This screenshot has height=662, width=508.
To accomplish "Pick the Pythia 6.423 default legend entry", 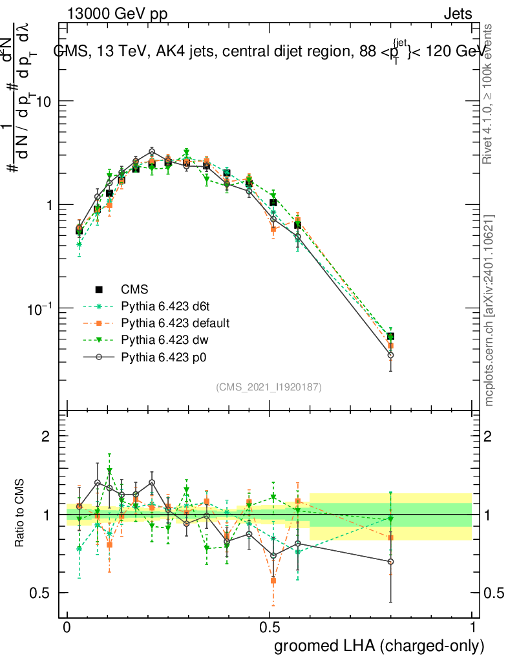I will [175, 323].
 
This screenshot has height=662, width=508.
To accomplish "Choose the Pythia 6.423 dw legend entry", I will [165, 339].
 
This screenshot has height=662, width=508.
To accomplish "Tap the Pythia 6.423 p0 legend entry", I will [165, 356].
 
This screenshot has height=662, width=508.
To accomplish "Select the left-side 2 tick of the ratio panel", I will [46, 436].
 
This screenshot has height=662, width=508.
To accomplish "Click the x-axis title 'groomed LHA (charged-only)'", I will [380, 645].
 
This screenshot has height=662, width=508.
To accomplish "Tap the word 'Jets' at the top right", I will [458, 14].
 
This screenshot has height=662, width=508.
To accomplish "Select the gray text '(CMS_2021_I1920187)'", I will [269, 387].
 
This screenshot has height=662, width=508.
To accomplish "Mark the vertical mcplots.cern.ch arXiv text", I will [489, 310].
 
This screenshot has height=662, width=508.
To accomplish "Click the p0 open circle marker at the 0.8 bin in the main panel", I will [390, 355].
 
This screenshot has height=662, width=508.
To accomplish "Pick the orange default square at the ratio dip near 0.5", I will [273, 581].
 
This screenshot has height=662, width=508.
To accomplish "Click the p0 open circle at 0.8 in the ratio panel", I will [390, 562].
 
